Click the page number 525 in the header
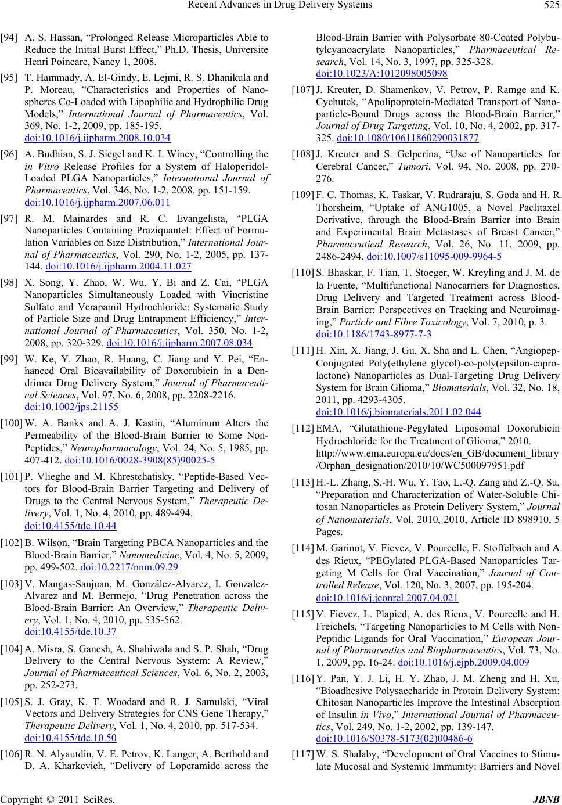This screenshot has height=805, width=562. click(547, 6)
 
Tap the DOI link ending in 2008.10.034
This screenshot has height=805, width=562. click(98, 138)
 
